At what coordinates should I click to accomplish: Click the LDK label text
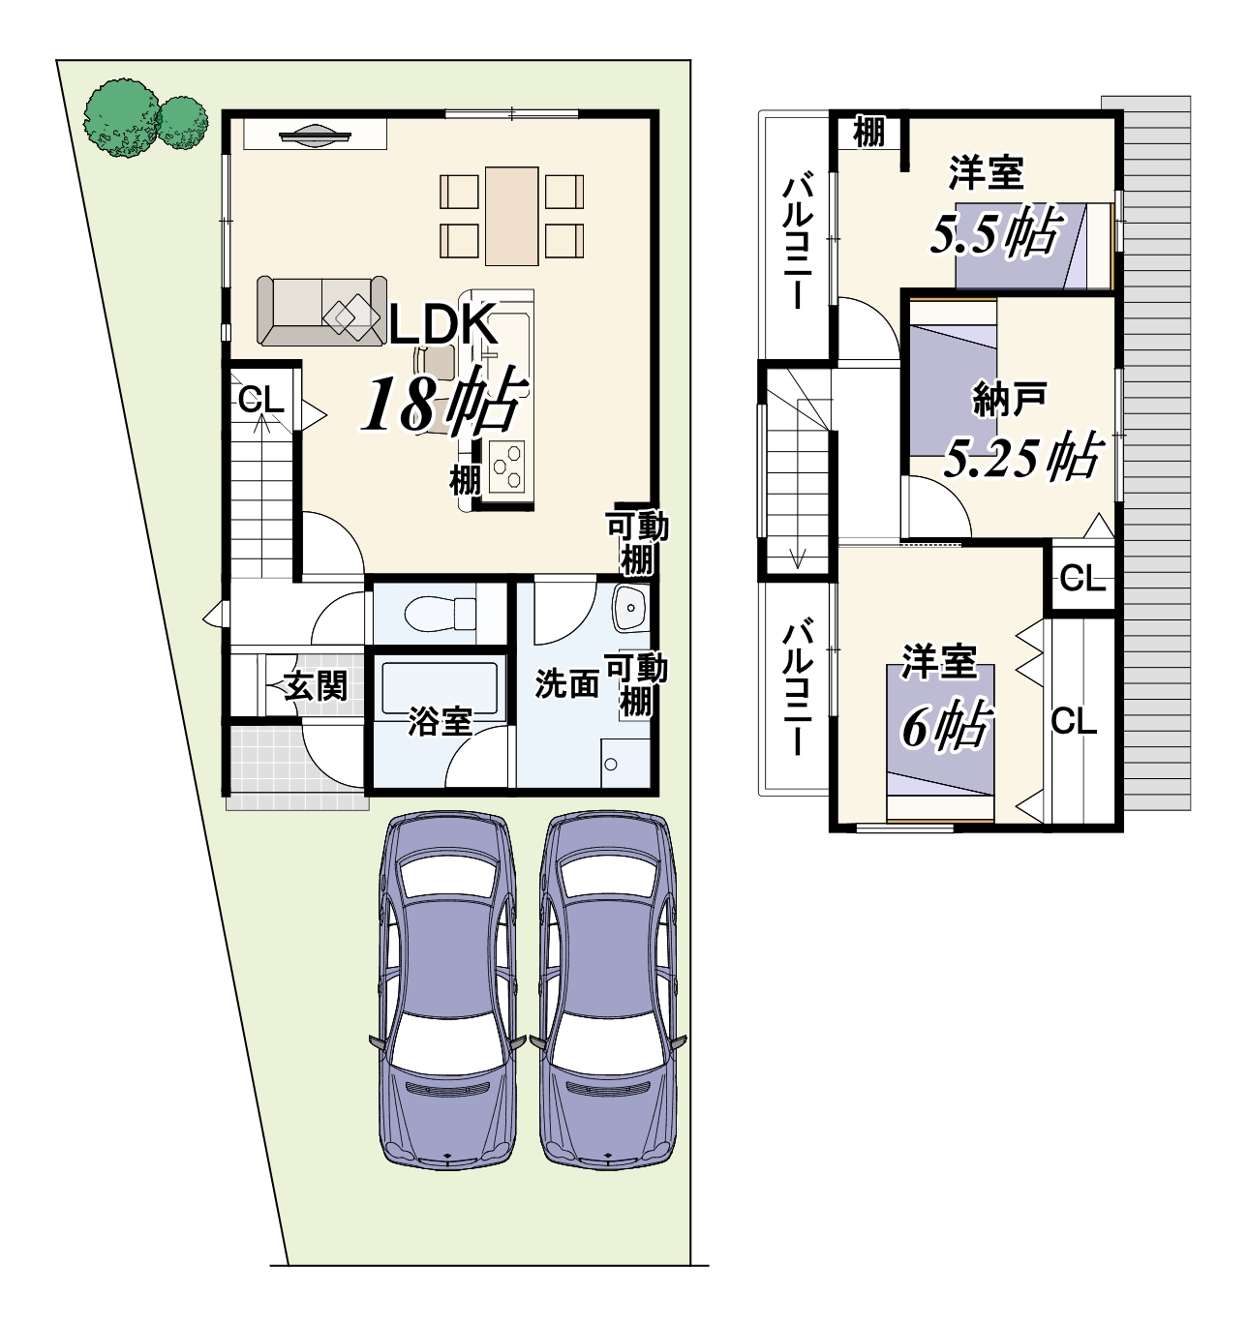click(x=442, y=324)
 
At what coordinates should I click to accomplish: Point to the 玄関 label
click(x=316, y=685)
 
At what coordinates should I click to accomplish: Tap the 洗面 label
click(x=566, y=684)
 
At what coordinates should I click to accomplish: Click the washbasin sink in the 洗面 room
click(x=628, y=608)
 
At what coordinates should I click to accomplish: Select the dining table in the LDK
click(x=512, y=216)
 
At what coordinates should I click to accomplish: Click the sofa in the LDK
click(x=322, y=311)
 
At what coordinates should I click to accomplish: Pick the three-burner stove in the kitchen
click(x=505, y=467)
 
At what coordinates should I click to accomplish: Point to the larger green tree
click(x=122, y=118)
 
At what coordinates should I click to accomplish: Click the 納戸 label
click(x=1009, y=399)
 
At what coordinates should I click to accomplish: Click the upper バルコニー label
click(x=799, y=243)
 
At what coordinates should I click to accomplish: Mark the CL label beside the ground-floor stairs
click(x=261, y=400)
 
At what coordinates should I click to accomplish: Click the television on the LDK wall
click(x=316, y=134)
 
